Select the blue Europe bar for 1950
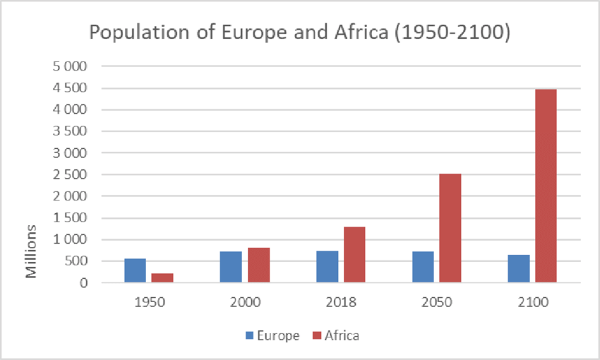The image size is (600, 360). tap(136, 270)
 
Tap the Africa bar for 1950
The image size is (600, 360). tap(162, 277)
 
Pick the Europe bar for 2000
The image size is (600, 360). tap(231, 267)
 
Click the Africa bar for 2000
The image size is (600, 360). tap(258, 265)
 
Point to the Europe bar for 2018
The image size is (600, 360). tap(327, 266)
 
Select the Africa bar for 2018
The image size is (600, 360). tap(354, 254)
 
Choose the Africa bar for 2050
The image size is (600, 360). tap(450, 228)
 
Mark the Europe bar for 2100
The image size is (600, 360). tap(518, 268)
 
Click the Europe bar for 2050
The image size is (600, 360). tap(423, 267)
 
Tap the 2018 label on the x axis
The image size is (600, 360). tap(340, 301)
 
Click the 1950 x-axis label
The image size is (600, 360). tap(149, 301)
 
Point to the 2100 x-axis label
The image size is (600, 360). tap(532, 301)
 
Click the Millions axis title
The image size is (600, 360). tap(32, 251)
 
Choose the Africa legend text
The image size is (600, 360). tap(342, 336)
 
